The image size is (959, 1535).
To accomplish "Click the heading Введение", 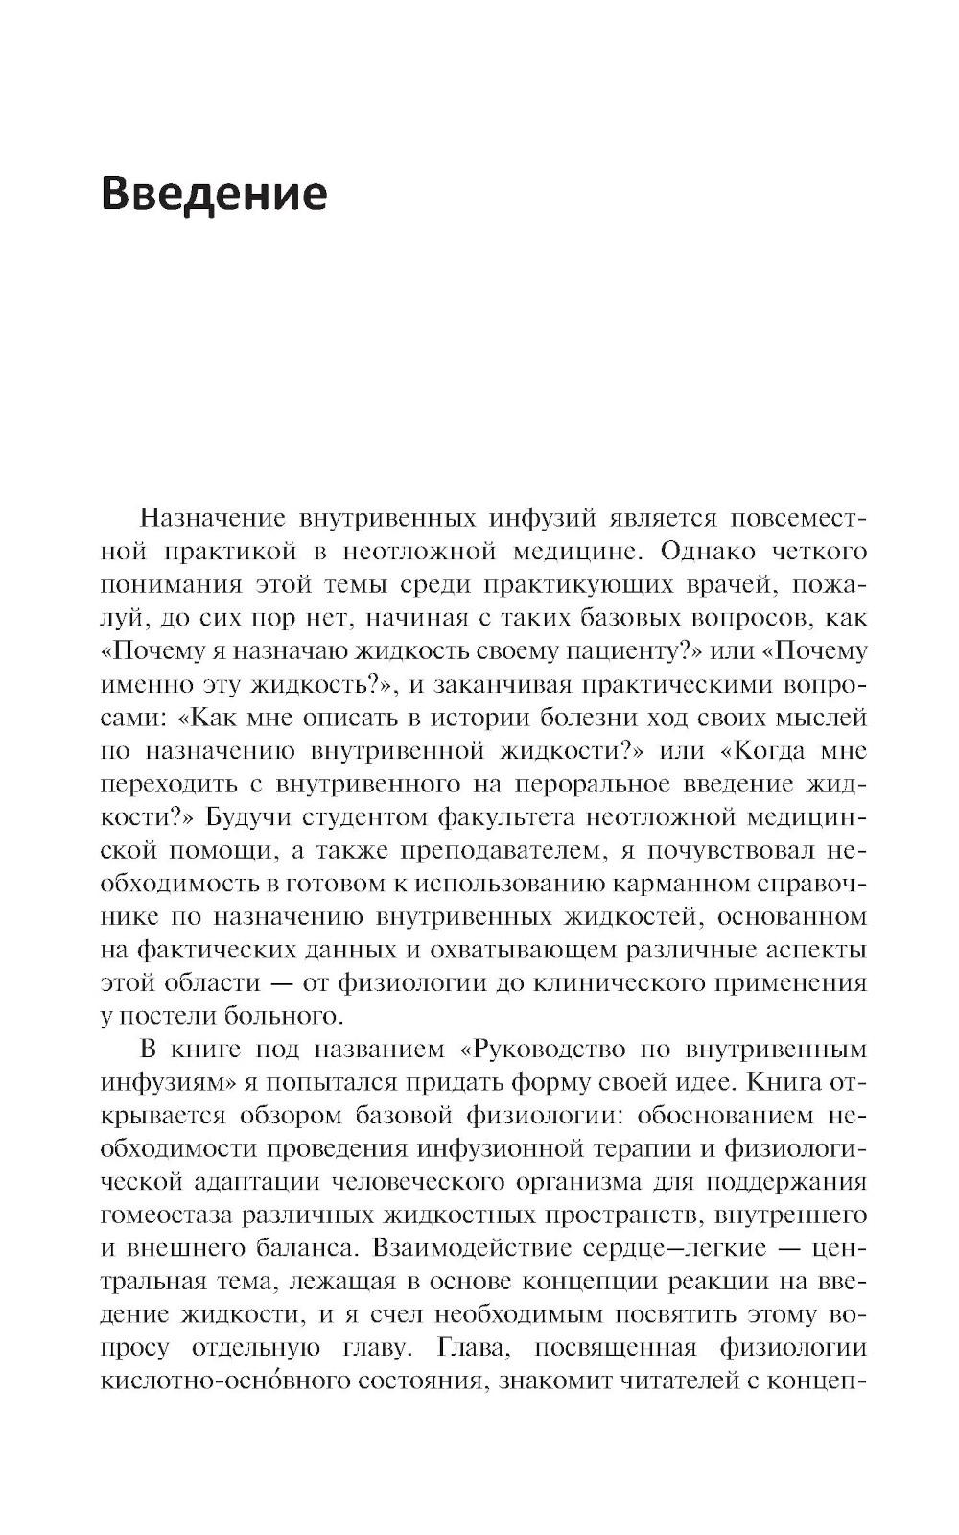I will click(x=214, y=193).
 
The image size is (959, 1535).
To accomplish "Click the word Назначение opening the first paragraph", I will click(x=213, y=519).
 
